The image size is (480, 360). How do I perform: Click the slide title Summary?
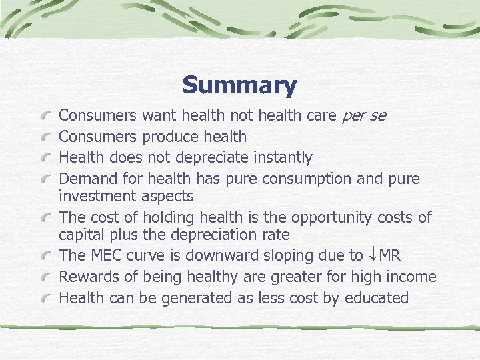(239, 85)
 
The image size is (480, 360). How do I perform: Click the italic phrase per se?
(363, 116)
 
